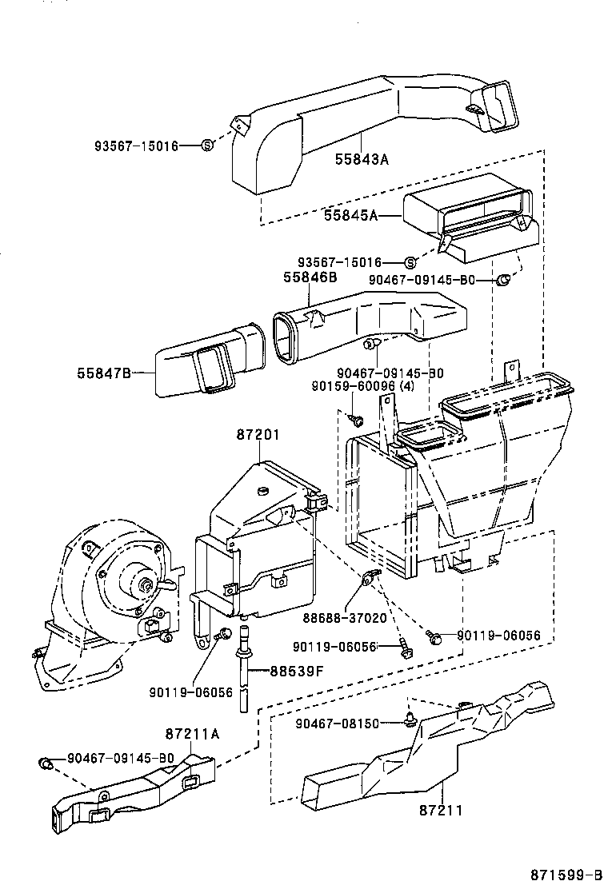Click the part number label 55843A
pos(361,159)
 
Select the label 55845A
pos(350,215)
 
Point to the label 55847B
pos(104,373)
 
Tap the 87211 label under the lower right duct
pos(440,810)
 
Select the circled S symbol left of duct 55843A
pos(206,145)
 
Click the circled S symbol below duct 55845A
pos(410,262)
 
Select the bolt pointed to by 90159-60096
pos(357,419)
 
